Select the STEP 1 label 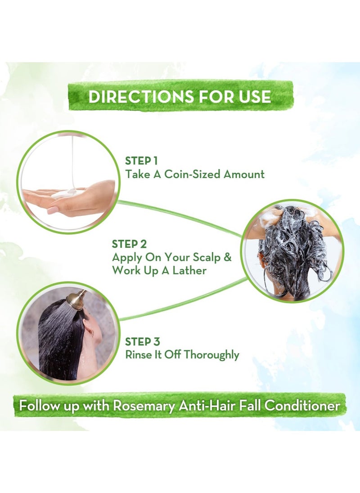click(141, 161)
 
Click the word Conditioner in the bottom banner click(302, 405)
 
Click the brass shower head click(77, 298)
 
